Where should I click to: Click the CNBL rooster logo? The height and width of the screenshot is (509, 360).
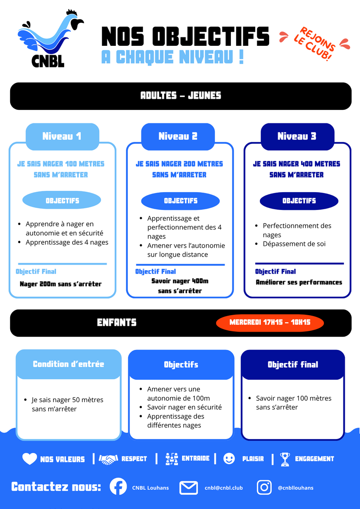51,38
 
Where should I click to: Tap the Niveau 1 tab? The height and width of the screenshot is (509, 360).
62,137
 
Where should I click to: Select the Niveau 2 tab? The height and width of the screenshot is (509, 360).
178,137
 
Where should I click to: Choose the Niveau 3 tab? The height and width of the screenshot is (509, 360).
297,137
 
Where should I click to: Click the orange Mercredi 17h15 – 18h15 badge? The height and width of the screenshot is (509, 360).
270,322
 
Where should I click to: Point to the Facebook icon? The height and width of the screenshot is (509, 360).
118,486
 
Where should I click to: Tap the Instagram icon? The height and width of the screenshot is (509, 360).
264,487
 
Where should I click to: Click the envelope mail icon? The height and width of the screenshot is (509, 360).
188,488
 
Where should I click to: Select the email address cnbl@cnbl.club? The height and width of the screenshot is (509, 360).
224,488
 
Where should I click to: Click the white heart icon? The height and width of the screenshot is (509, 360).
30,459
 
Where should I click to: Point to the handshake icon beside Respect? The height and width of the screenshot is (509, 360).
108,459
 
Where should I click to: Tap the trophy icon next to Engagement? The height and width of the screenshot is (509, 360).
285,459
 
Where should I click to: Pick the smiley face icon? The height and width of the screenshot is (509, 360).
229,459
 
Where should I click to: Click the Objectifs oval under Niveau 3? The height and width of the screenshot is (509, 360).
299,201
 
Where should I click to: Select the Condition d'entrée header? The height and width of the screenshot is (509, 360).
68,364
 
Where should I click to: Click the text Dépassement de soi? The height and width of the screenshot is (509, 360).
294,244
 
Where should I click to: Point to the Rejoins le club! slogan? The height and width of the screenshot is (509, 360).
315,44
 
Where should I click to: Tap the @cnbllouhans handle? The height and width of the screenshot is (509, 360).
295,488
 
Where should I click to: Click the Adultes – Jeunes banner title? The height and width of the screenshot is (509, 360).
181,95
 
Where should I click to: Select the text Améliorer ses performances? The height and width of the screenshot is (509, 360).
299,282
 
